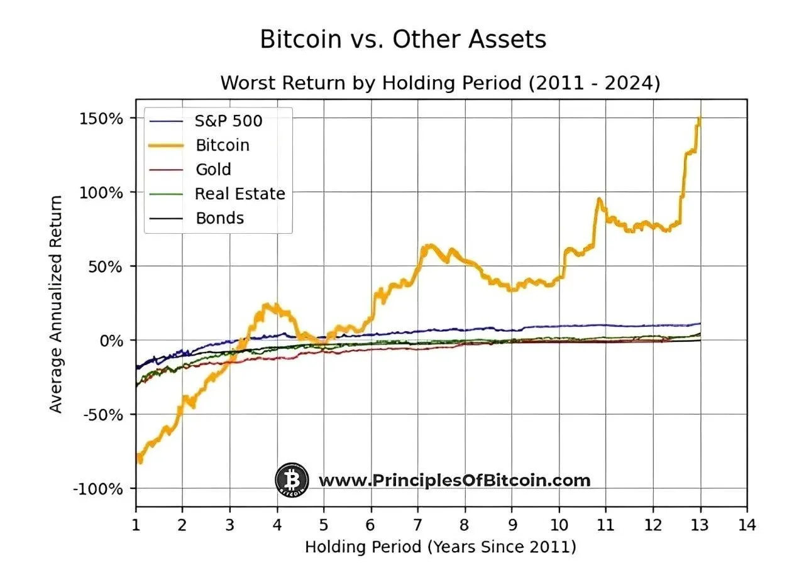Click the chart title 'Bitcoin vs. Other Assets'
point(402,40)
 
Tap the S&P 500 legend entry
point(228,121)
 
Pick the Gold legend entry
point(213,170)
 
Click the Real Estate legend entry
point(240,194)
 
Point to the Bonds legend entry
point(219,218)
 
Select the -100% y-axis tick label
point(100,489)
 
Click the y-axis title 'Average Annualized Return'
point(57,304)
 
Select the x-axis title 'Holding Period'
point(440,547)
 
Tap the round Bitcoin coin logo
point(292,481)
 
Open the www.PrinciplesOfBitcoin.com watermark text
point(454,481)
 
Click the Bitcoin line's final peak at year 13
point(699,118)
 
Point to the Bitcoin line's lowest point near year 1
point(140,462)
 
